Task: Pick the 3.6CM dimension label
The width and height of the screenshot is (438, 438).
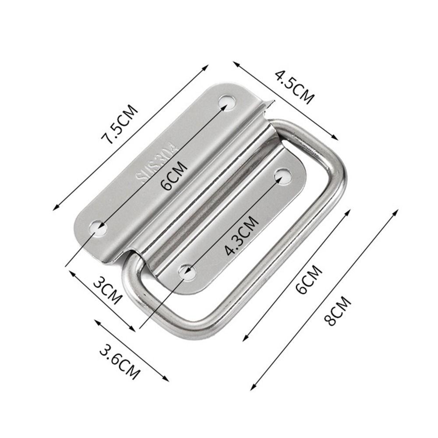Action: pos(120,362)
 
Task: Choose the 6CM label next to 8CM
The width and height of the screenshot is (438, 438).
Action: pos(309,280)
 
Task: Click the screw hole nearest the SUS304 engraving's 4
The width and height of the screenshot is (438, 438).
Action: pos(227,102)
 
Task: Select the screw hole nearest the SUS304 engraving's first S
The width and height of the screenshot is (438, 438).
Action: pos(98,228)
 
